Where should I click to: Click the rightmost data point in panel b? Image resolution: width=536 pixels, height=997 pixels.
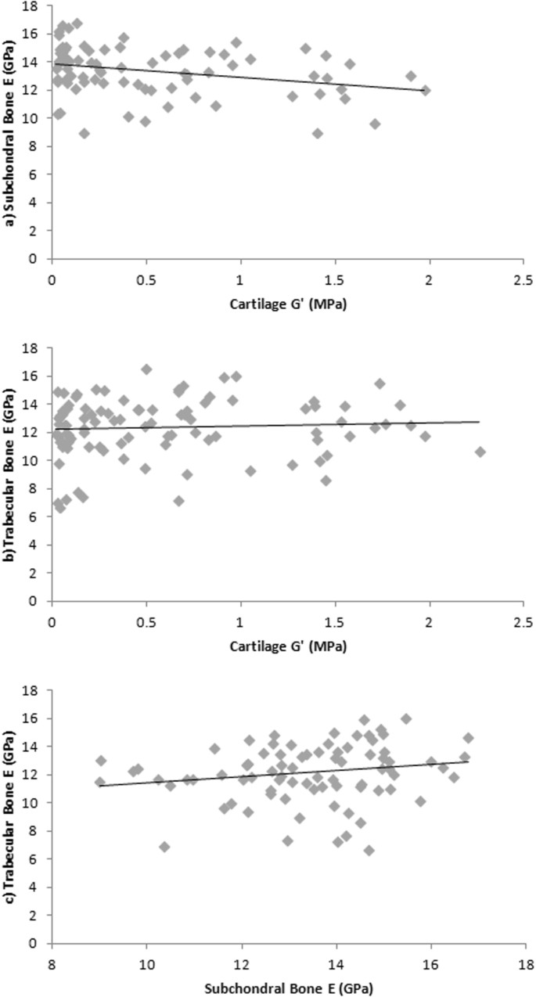pyautogui.click(x=480, y=452)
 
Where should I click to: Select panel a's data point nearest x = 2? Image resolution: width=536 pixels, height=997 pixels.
pyautogui.click(x=425, y=91)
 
